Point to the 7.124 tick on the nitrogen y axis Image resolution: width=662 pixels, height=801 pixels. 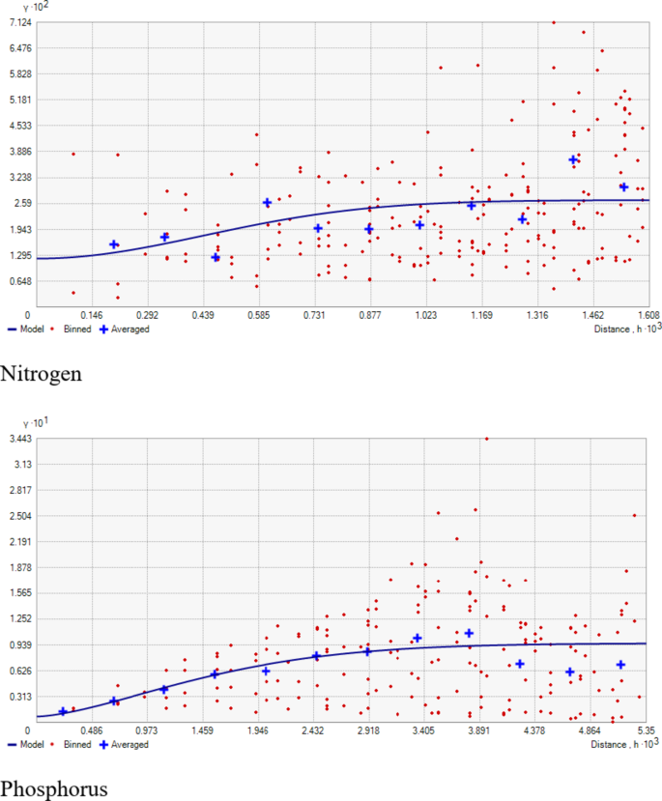point(18,22)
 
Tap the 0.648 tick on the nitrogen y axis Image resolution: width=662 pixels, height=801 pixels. point(18,281)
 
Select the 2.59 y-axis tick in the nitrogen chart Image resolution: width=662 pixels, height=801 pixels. point(21,204)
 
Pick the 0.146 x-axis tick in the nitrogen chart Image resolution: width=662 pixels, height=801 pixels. point(92,315)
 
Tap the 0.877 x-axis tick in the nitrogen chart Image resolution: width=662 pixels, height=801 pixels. point(369,315)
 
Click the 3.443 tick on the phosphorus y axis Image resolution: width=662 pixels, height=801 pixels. point(18,439)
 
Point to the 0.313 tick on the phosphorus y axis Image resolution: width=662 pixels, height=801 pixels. point(18,697)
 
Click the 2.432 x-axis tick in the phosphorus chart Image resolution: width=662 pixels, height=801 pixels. point(313,730)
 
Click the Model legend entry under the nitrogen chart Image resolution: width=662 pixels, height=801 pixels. point(30,329)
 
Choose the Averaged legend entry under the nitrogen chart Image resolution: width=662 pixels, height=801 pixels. point(130,329)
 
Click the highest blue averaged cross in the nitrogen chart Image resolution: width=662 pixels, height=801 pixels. point(573,159)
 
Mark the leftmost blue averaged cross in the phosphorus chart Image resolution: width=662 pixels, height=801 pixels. point(63,712)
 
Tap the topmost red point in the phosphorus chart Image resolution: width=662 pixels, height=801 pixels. point(486,439)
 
